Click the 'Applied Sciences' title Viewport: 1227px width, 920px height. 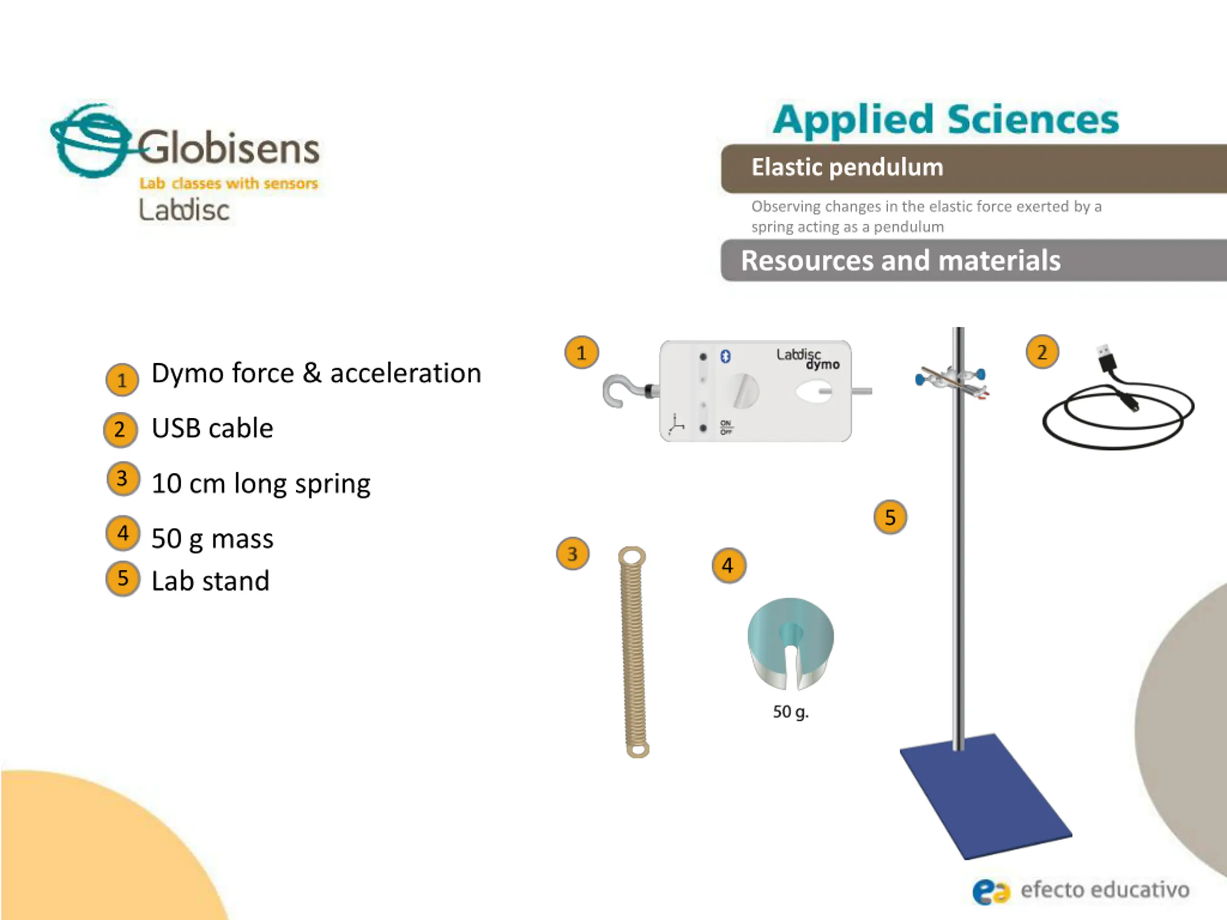pos(946,120)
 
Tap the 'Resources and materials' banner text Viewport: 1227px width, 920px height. pos(900,261)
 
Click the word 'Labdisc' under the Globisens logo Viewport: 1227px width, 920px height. pos(184,211)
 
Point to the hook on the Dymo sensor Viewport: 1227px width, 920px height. pos(617,391)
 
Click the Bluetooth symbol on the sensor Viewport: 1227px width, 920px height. pos(725,356)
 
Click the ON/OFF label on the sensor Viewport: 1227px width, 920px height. pos(726,427)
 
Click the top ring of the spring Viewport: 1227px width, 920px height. pos(632,556)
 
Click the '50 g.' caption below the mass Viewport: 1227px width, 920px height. pos(790,712)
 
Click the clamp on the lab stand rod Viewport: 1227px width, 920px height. pos(952,381)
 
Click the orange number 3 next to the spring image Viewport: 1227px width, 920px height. pos(572,553)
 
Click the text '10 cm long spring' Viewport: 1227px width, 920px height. pos(261,483)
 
